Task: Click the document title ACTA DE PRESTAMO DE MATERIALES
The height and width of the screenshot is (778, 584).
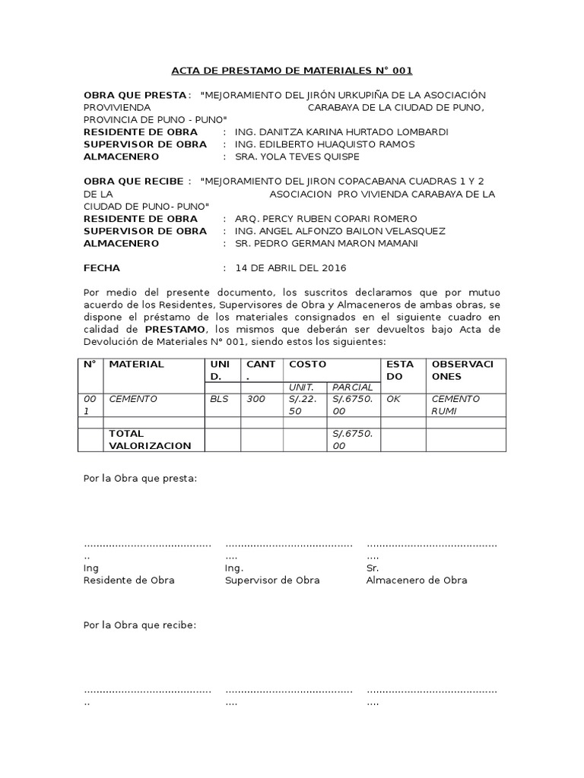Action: (291, 71)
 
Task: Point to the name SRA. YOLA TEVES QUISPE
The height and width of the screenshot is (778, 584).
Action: (297, 157)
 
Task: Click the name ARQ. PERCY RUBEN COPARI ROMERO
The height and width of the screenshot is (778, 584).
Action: (326, 219)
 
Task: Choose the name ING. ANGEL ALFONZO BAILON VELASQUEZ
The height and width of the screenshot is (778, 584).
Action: (341, 231)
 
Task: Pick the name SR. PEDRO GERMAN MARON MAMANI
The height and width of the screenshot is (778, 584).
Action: (328, 243)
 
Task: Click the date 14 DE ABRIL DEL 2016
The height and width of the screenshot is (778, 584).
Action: (290, 268)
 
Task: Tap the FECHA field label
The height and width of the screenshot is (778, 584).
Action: (102, 268)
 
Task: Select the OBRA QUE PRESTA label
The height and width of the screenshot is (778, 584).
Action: (135, 95)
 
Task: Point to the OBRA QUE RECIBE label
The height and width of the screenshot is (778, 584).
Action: (133, 182)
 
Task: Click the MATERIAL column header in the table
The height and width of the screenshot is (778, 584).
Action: (137, 364)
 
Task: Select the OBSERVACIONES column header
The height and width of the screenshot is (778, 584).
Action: (462, 370)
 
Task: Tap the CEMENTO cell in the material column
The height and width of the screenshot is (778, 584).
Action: (133, 399)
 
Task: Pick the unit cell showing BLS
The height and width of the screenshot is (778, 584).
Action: (218, 399)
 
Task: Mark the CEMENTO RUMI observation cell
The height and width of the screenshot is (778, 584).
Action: (455, 405)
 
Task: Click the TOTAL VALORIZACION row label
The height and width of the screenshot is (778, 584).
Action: (151, 440)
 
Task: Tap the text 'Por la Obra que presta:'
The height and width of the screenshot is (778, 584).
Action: (140, 479)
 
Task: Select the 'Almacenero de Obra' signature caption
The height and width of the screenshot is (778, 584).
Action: (417, 580)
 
